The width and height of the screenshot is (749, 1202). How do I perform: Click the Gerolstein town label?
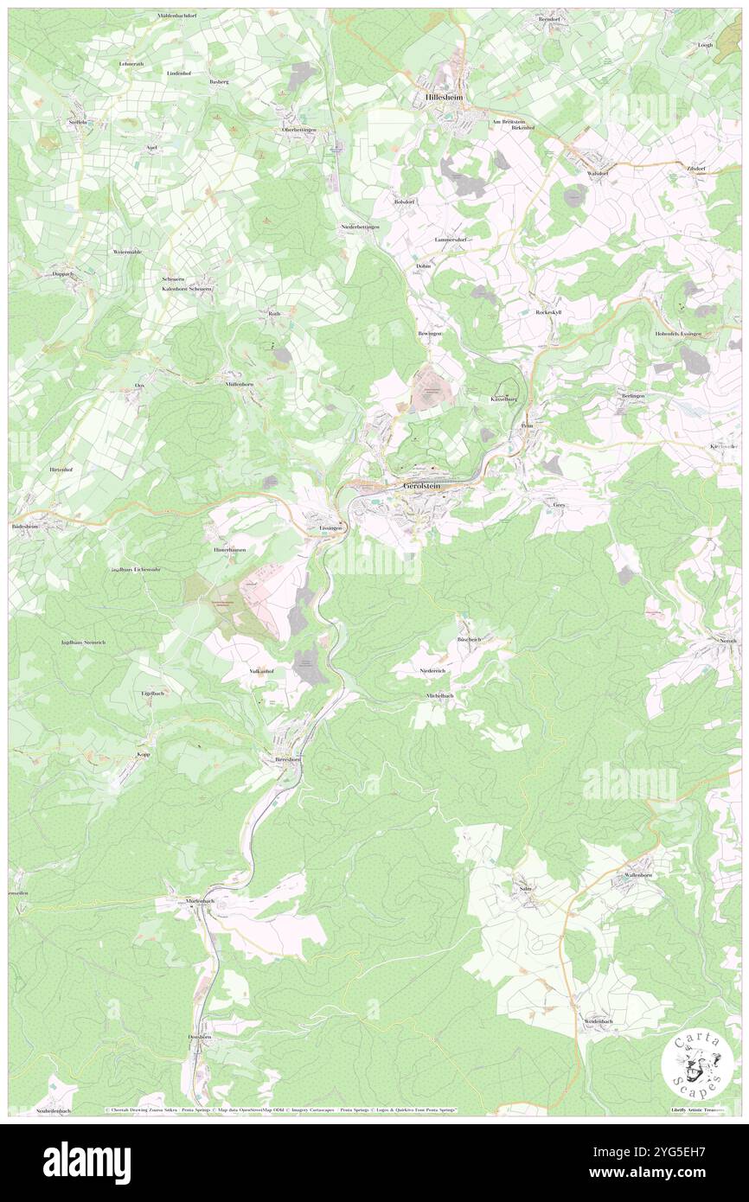[x=423, y=487]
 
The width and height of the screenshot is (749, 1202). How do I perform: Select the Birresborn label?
[x=286, y=759]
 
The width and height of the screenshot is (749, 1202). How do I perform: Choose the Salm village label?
[x=524, y=888]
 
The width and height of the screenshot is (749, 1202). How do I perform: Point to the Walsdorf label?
[x=598, y=173]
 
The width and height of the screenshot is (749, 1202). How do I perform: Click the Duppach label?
[x=64, y=273]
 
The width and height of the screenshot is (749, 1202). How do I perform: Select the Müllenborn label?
[x=240, y=383]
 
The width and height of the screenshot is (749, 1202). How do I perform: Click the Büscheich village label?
[x=469, y=639]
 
